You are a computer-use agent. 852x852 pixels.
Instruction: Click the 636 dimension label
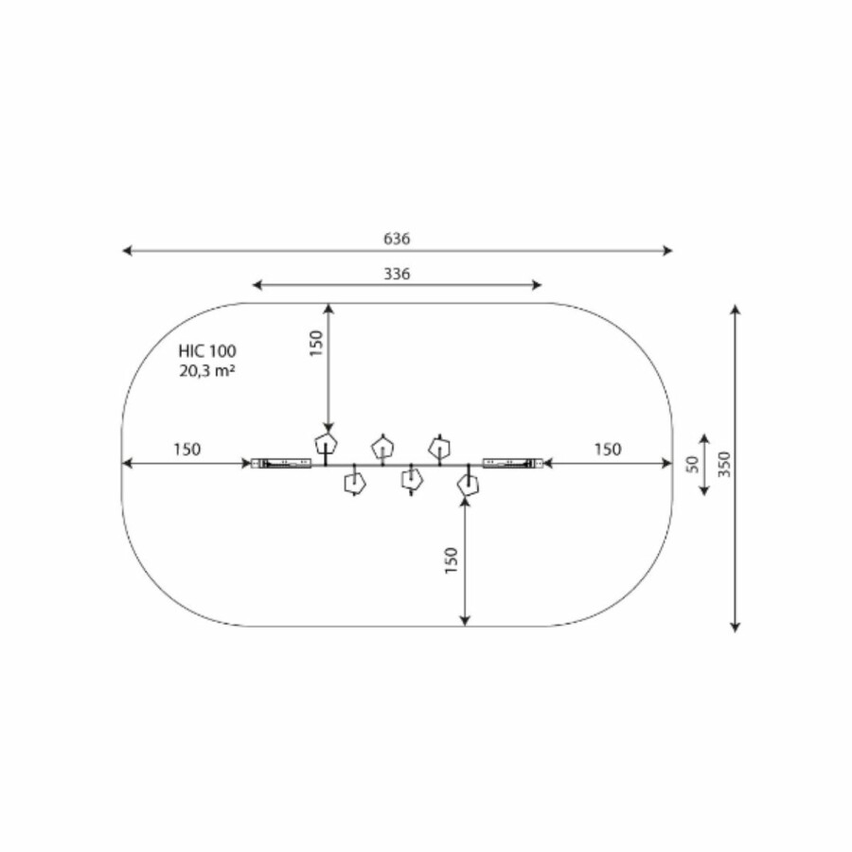pos(397,239)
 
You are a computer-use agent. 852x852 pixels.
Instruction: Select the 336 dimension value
pos(397,274)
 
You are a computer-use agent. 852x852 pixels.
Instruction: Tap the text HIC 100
pos(207,351)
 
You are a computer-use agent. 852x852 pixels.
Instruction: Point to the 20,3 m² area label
pos(207,371)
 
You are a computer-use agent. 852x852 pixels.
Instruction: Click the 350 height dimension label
pos(724,464)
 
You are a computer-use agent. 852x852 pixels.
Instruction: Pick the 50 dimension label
pos(692,464)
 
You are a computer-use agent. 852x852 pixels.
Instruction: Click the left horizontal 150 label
pos(186,450)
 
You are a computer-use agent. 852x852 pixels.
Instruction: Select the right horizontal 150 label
pos(608,450)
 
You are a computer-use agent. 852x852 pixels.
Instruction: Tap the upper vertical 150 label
pos(315,344)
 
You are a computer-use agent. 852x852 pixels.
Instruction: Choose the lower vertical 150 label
pos(451,560)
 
